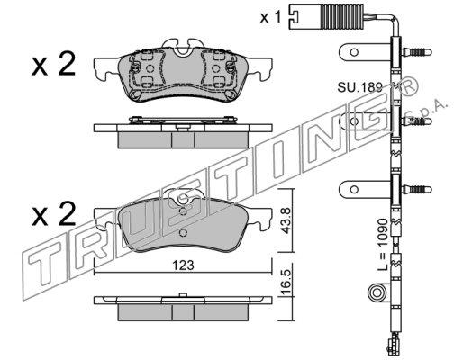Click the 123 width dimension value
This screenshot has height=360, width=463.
(184, 265)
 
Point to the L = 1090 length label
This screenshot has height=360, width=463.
(384, 245)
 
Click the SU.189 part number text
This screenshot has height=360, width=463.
(359, 87)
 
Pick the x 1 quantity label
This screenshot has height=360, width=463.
(270, 17)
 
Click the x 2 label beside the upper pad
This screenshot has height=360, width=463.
(53, 64)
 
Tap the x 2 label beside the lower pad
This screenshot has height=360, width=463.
(53, 213)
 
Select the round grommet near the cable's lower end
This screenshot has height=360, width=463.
(377, 292)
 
